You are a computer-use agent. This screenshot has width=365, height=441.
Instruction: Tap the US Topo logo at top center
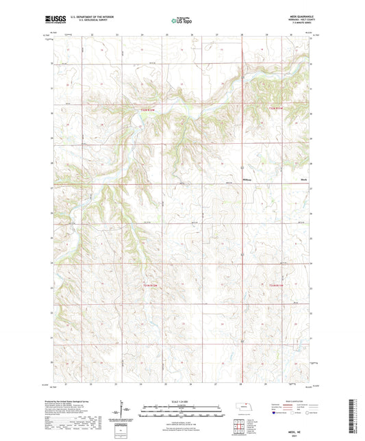point(181,21)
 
